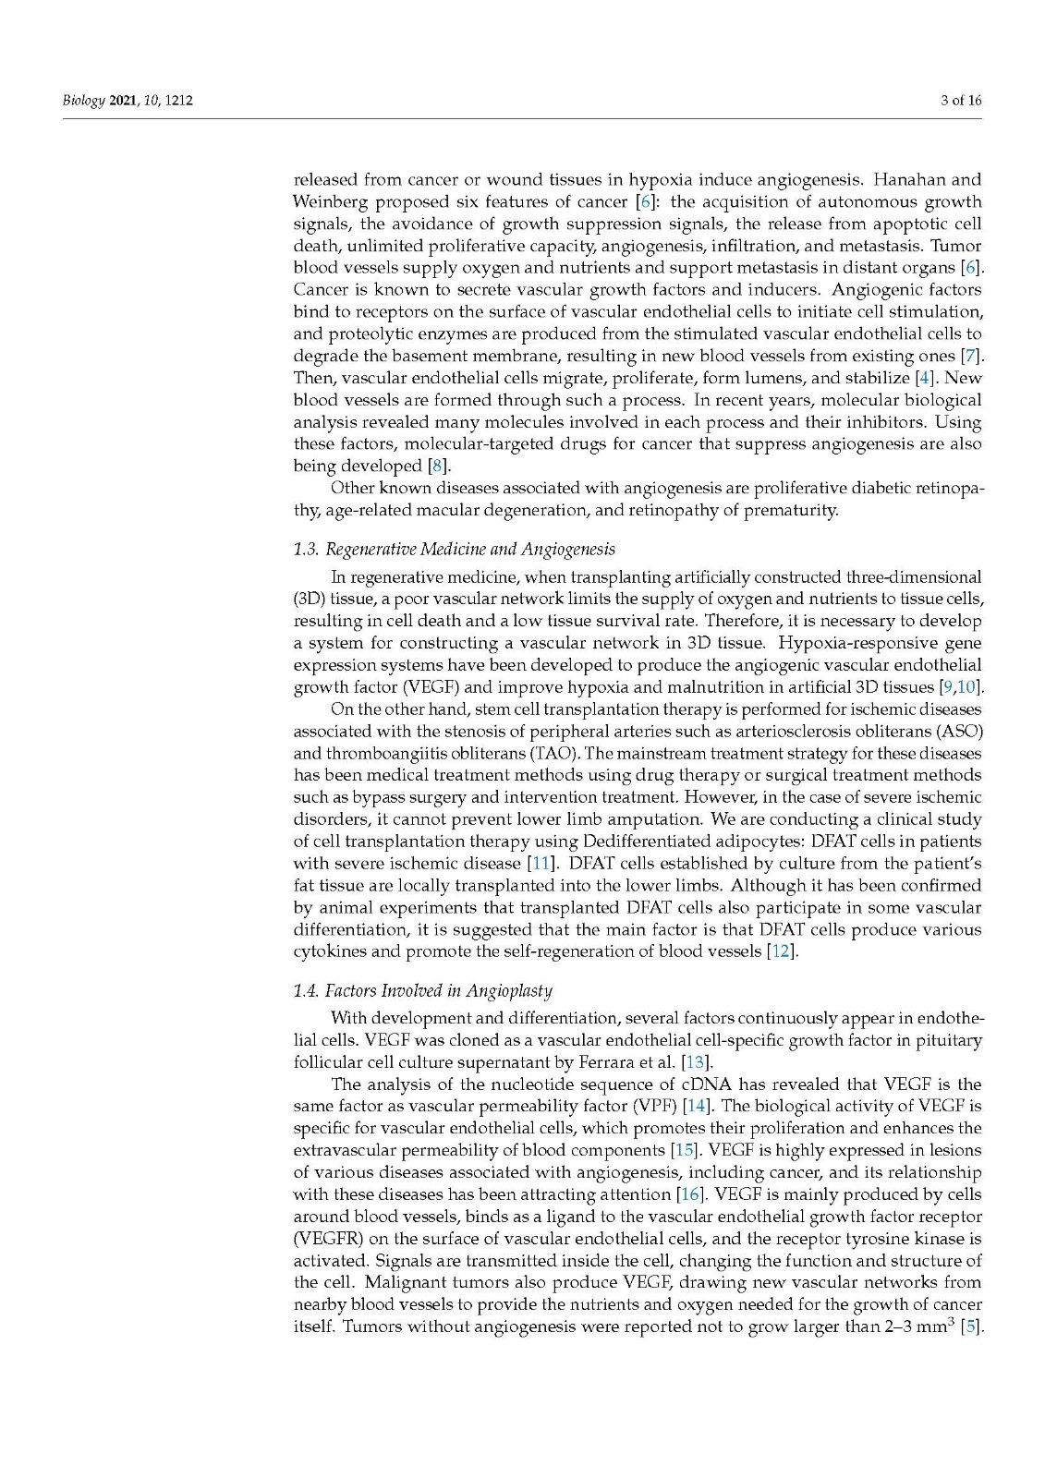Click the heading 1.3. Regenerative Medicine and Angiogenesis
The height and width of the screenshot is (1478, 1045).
454,550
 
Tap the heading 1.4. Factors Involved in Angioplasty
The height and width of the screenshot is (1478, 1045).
422,991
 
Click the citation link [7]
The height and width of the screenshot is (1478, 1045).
972,356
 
